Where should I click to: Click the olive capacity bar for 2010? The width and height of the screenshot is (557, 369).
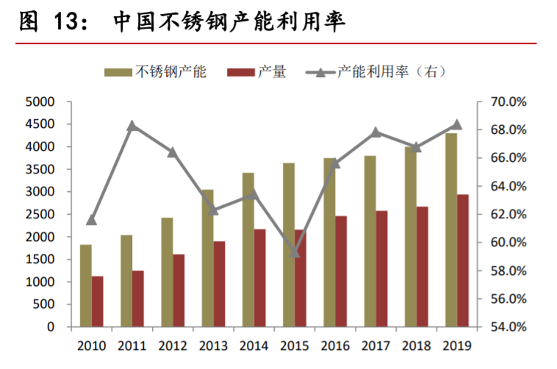(x=86, y=286)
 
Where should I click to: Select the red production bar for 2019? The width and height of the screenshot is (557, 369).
(x=463, y=261)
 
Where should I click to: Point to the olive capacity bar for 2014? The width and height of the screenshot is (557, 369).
(x=248, y=250)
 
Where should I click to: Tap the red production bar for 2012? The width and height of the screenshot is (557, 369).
(x=179, y=290)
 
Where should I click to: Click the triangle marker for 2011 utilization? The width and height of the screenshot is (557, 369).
(x=132, y=126)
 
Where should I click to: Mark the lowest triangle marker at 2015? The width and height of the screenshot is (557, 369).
(x=295, y=252)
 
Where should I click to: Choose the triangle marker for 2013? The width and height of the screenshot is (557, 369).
(x=214, y=209)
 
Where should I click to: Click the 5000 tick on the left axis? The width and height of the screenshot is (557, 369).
(x=41, y=101)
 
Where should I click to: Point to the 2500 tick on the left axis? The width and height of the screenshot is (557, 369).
(x=41, y=215)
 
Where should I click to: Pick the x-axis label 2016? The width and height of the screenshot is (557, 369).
(x=335, y=345)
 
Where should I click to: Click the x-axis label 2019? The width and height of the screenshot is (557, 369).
(x=457, y=345)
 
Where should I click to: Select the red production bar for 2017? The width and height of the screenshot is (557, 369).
(x=381, y=269)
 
